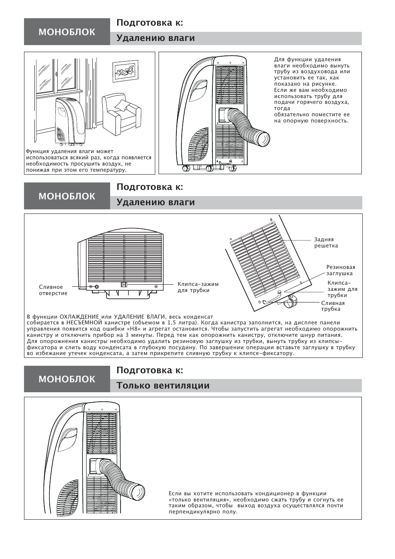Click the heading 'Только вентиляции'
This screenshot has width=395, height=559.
pyautogui.click(x=163, y=386)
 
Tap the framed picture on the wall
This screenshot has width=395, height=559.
pyautogui.click(x=125, y=72)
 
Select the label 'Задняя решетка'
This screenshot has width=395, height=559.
pyautogui.click(x=326, y=242)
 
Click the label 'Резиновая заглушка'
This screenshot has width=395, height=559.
pyautogui.click(x=340, y=270)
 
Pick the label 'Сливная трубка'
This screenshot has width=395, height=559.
pyautogui.click(x=332, y=306)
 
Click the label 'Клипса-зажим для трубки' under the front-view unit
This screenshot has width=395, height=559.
pyautogui.click(x=198, y=287)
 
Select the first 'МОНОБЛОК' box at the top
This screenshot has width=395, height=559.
pyautogui.click(x=67, y=32)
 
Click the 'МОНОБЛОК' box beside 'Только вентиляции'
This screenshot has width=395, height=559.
pyautogui.click(x=67, y=379)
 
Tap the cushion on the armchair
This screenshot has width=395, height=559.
pyautogui.click(x=123, y=105)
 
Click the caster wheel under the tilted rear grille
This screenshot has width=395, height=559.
pyautogui.click(x=290, y=304)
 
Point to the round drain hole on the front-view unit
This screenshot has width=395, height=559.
pyautogui.click(x=96, y=287)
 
